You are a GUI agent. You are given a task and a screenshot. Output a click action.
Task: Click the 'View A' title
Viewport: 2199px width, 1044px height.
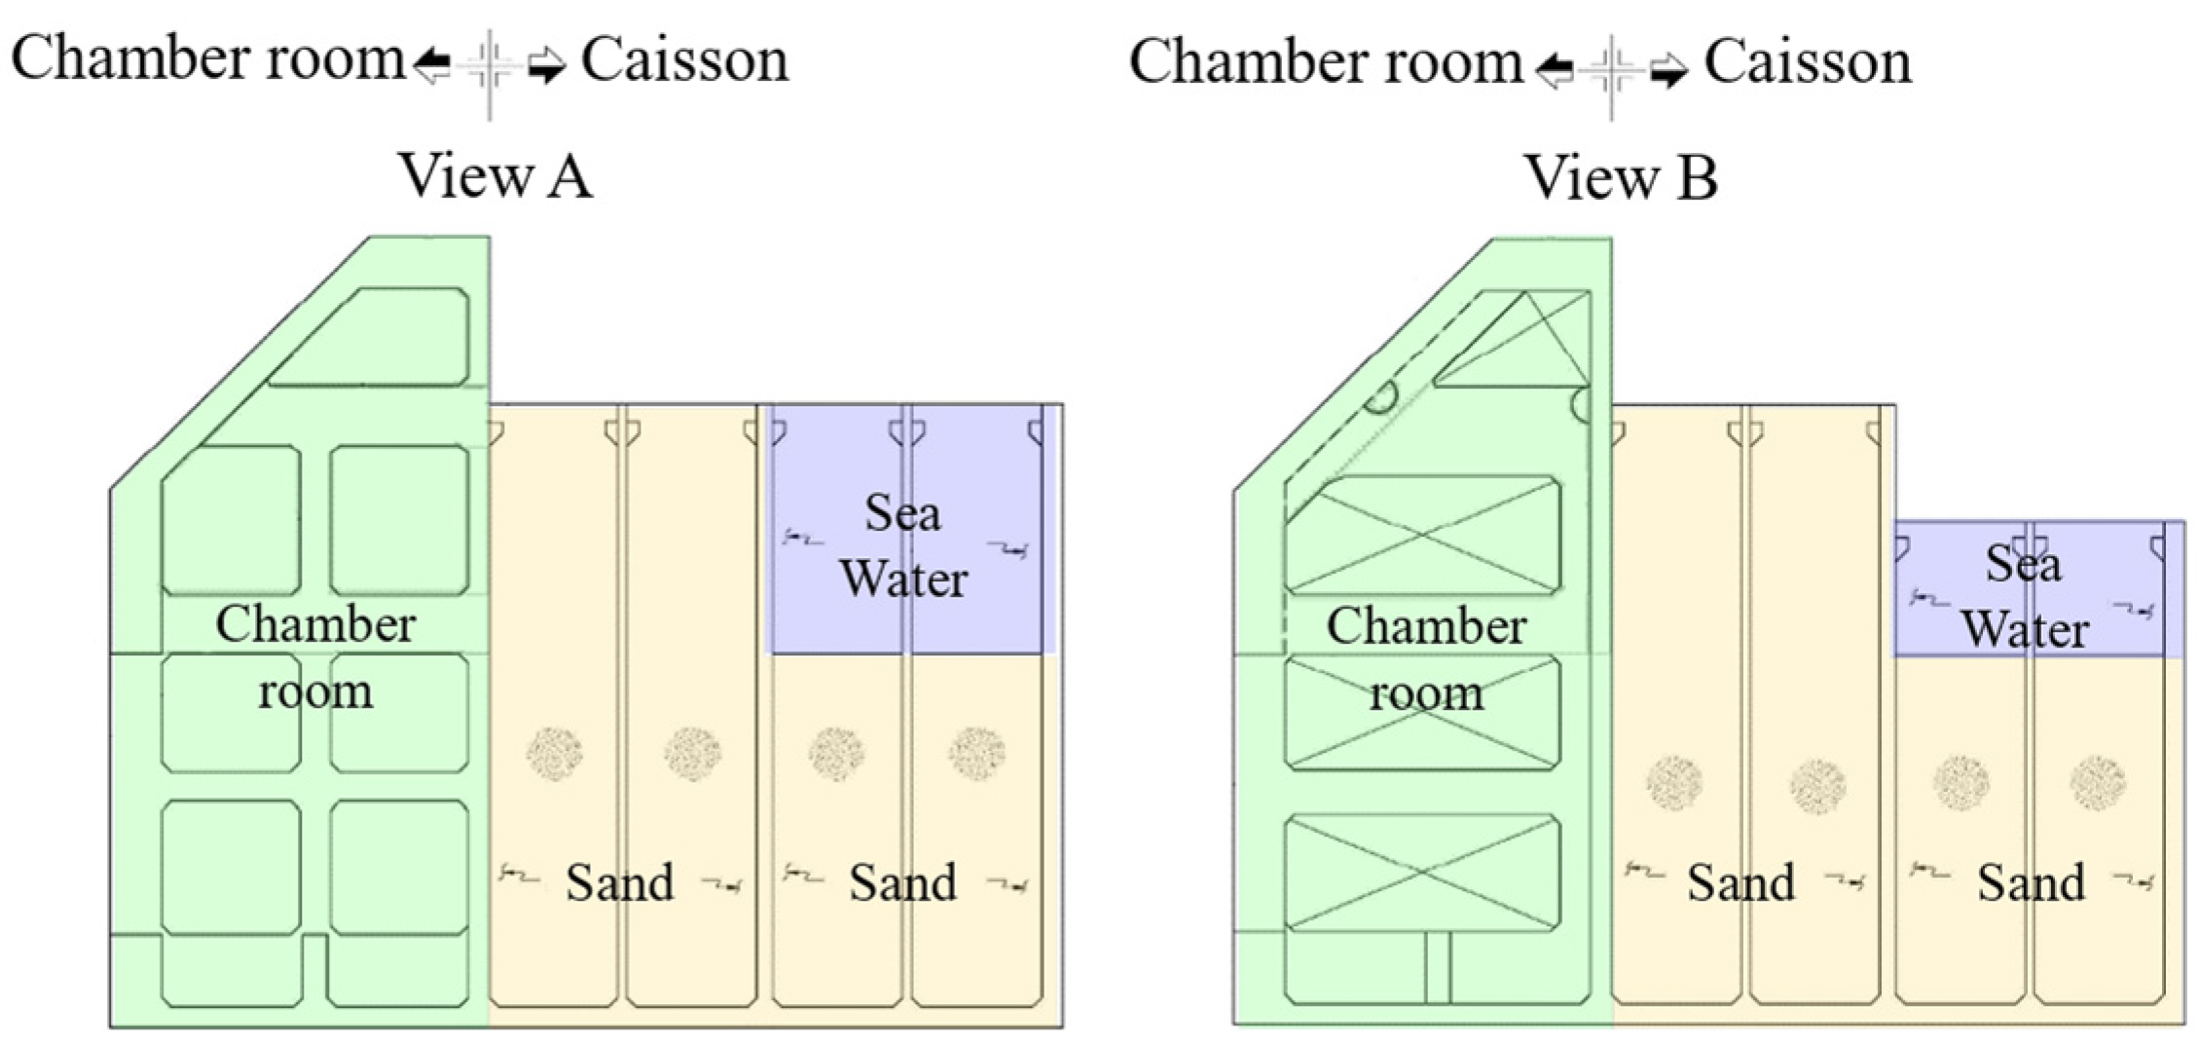(495, 176)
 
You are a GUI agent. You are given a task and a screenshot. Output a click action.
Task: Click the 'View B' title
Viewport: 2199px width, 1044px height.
(1620, 177)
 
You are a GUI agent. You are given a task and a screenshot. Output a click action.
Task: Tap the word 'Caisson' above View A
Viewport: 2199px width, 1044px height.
(684, 60)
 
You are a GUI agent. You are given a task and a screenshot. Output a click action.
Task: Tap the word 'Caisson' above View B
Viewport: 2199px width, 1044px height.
(1807, 62)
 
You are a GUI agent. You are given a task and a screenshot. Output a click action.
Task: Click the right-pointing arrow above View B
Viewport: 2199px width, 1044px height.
(1668, 70)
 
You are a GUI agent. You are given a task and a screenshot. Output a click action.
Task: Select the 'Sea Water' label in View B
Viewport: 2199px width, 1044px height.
(2024, 596)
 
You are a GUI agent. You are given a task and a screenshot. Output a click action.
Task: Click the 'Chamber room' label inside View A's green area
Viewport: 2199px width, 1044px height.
(315, 657)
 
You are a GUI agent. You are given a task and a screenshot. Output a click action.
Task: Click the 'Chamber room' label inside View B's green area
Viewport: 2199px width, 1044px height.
(1426, 659)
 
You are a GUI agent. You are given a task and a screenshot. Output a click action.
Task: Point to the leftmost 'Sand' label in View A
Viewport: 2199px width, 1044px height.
(619, 882)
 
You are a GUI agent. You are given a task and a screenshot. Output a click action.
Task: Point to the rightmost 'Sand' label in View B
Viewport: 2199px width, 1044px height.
(2031, 882)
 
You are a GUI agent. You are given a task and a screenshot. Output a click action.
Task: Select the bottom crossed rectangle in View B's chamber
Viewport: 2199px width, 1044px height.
(1422, 873)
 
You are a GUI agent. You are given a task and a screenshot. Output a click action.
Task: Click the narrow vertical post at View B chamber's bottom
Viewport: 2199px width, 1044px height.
(1437, 968)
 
